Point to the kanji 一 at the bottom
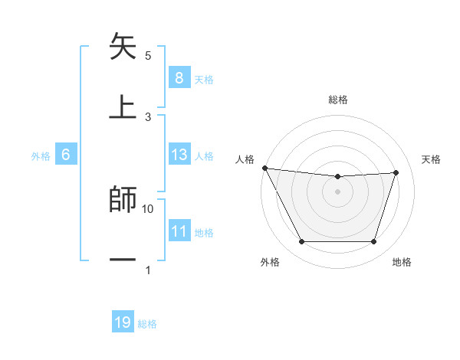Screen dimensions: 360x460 [123, 260]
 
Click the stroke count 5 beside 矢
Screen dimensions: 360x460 [148, 56]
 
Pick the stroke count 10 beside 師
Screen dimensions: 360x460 [148, 208]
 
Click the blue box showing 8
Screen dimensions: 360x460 [179, 78]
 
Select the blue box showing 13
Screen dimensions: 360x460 [179, 155]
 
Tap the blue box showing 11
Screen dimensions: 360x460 [179, 231]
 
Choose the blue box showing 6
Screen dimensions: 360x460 [65, 155]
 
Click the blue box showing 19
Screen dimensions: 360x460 [123, 322]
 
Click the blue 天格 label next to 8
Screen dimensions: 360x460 [204, 79]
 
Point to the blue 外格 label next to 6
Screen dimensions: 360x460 [41, 155]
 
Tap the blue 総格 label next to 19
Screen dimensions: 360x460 [147, 324]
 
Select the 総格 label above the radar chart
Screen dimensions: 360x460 [338, 100]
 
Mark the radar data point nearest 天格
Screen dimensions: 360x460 [396, 172]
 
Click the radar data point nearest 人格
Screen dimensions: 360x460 [264, 168]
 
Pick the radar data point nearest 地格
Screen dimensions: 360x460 [373, 242]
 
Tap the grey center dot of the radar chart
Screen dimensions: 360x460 [337, 191]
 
